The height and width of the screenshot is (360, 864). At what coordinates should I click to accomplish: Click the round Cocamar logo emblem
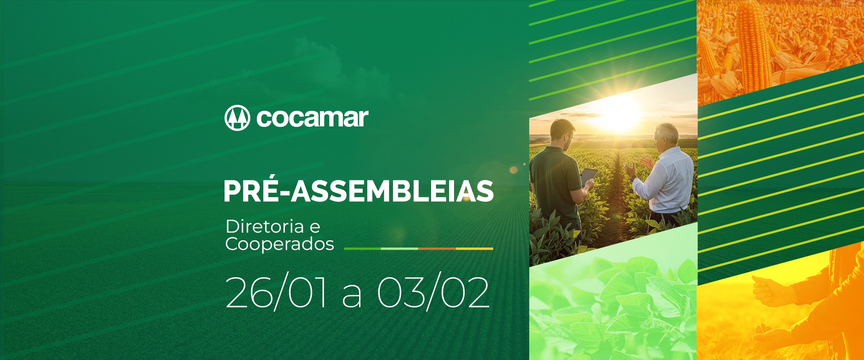(x=237, y=118)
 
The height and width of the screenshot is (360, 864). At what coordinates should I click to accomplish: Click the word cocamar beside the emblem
(x=312, y=118)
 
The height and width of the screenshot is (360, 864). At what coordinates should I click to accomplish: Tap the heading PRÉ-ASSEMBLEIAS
(x=359, y=191)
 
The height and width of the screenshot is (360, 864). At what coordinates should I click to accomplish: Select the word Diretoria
(x=265, y=227)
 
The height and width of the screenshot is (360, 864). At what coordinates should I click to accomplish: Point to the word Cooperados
(x=279, y=244)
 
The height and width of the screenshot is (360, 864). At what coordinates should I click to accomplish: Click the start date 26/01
(x=276, y=293)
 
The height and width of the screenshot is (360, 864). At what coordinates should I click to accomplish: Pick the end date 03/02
(x=433, y=293)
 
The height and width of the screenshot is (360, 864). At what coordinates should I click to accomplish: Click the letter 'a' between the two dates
(x=352, y=297)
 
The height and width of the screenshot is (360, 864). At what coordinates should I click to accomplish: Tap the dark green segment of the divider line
(x=362, y=248)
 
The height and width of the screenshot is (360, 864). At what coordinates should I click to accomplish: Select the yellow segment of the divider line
(x=474, y=248)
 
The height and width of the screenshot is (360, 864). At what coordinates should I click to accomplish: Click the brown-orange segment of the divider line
(x=437, y=248)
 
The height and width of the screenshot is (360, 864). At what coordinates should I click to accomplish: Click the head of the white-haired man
(x=664, y=139)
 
